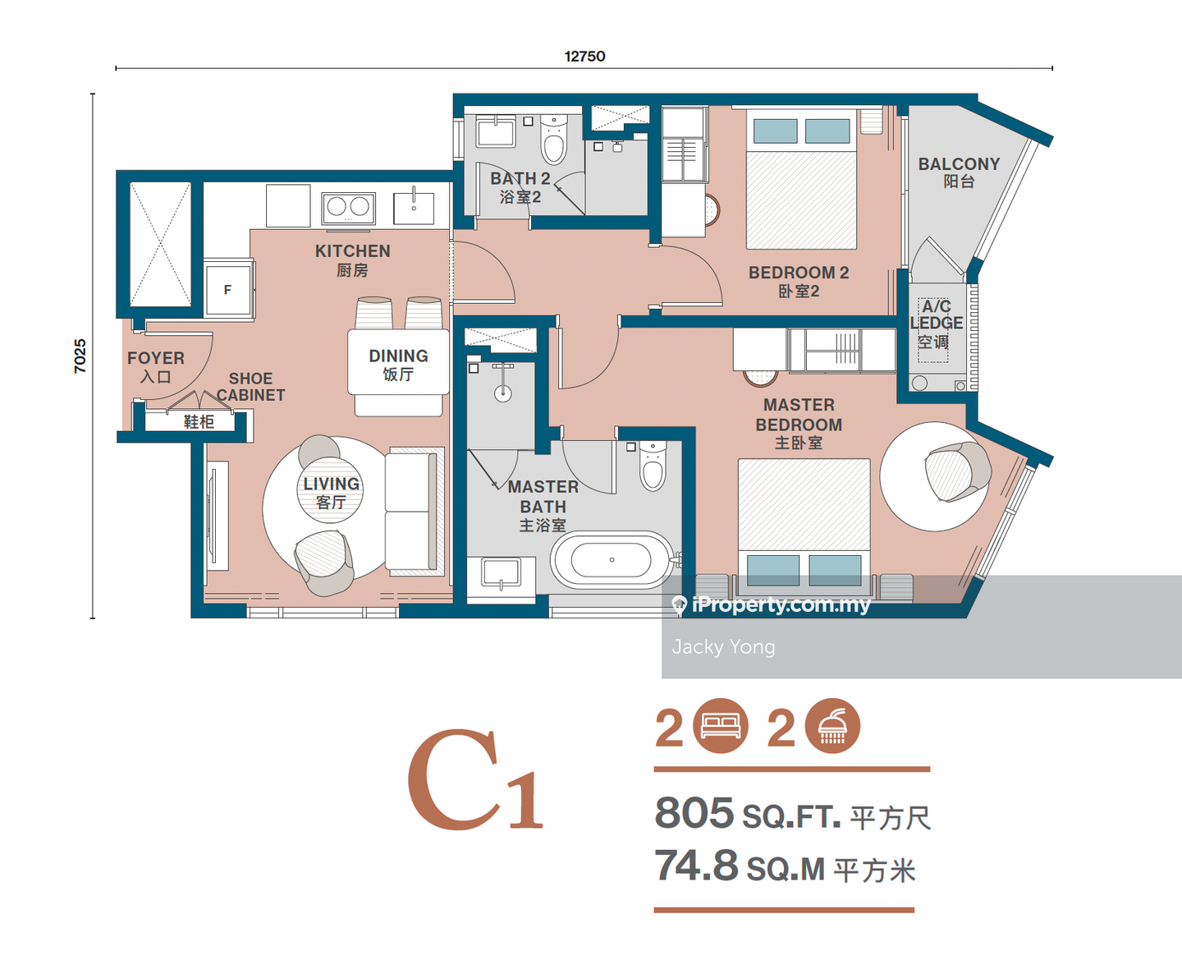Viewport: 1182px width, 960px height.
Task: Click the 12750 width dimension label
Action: [584, 56]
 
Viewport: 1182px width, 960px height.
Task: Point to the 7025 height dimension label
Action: [80, 356]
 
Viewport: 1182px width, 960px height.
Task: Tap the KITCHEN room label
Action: [352, 251]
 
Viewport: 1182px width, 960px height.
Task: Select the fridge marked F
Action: [228, 289]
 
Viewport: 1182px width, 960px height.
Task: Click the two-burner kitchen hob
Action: [349, 208]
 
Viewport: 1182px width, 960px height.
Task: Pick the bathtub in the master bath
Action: [611, 560]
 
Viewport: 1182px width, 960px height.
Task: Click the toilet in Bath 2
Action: [553, 140]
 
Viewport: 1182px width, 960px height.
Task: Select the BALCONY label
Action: [959, 163]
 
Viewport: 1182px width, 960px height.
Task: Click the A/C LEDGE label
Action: [937, 315]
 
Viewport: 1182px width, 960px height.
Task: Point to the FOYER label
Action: [156, 358]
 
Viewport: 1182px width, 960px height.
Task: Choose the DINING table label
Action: [398, 356]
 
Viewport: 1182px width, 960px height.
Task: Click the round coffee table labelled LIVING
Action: [330, 490]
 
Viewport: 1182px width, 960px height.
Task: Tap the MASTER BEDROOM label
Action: [799, 415]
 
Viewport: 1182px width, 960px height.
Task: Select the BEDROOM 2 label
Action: [799, 273]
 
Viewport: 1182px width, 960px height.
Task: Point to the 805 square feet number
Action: [694, 813]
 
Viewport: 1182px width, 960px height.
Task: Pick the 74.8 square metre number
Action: [696, 865]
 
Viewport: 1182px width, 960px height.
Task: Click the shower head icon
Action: [832, 726]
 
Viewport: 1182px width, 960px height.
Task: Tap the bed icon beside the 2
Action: [721, 726]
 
